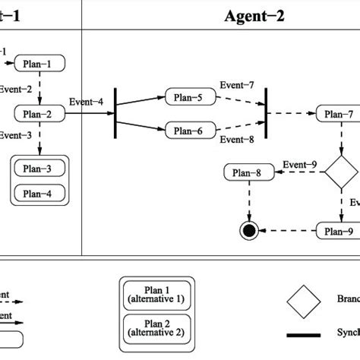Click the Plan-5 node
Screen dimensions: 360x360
(x=185, y=97)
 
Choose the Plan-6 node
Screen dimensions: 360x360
(x=185, y=131)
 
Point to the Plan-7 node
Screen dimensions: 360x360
(x=334, y=115)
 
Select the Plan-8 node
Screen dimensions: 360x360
(x=248, y=174)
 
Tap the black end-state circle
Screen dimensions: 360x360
(x=248, y=230)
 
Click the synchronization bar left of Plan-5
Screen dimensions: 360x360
(x=115, y=114)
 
